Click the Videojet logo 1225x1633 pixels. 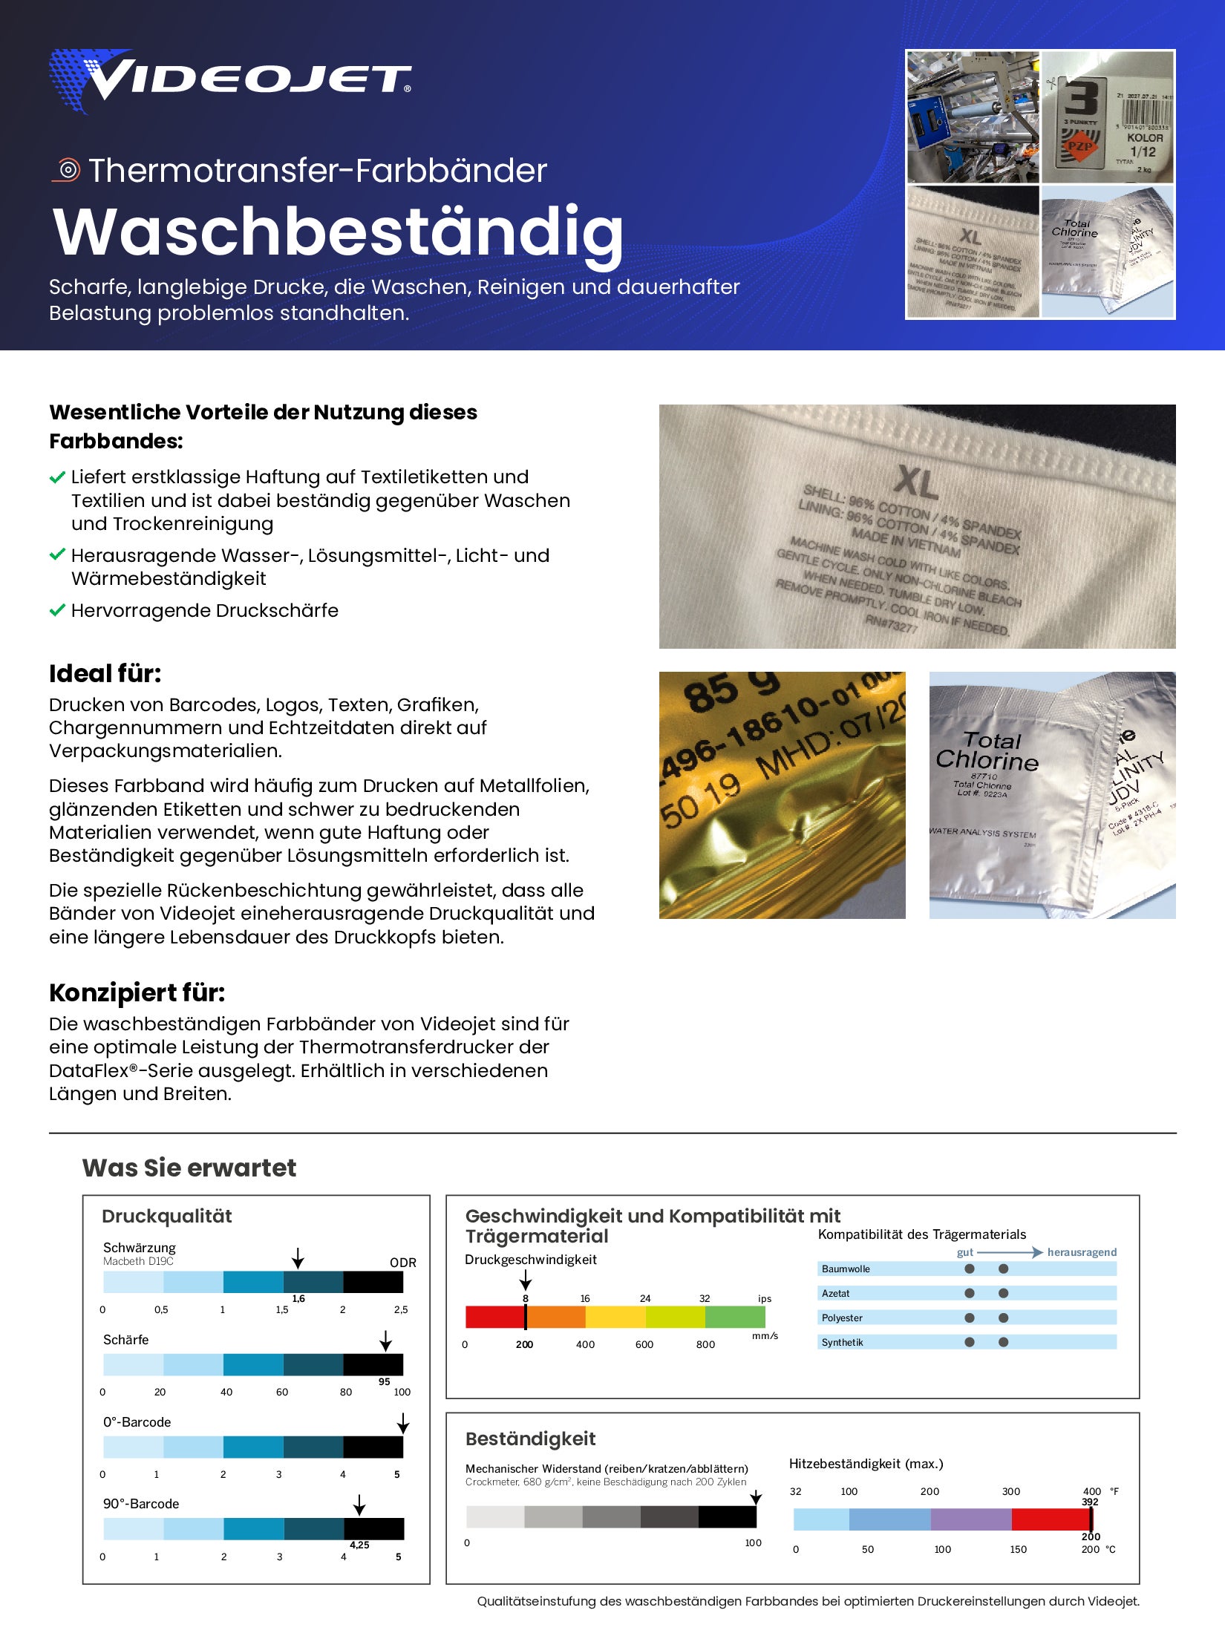230,80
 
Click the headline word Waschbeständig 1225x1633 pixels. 338,232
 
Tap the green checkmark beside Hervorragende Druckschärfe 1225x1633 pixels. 57,611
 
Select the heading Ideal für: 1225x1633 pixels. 105,674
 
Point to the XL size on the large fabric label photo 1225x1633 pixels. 917,482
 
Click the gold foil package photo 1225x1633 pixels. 782,795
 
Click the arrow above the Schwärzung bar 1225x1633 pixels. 298,1258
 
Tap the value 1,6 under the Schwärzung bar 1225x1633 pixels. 298,1298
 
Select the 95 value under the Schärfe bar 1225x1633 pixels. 384,1381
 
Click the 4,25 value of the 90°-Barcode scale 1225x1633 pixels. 359,1545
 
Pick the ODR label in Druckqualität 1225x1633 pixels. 402,1263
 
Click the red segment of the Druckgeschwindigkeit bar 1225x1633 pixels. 494,1317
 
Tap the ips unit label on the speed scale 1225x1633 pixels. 765,1298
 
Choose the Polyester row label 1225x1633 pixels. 842,1318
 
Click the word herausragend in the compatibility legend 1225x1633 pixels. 1082,1252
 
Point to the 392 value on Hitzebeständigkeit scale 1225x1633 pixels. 1090,1502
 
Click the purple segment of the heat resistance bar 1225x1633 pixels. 970,1519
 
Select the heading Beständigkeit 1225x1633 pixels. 530,1439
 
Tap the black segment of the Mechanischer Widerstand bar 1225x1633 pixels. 727,1516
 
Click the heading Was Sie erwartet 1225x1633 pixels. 189,1168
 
